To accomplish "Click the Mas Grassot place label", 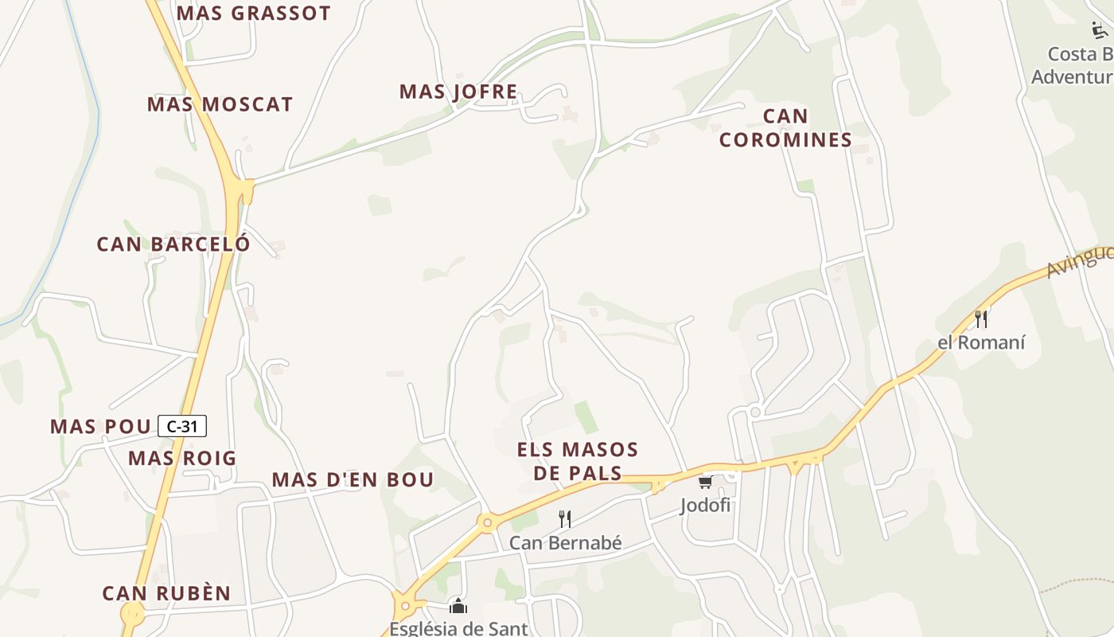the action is tap(253, 14).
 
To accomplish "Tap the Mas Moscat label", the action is tap(220, 104).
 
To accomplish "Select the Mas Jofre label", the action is tap(458, 92).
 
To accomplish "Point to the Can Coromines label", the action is tap(785, 128).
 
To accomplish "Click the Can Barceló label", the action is tap(173, 244).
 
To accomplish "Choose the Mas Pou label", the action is tap(100, 427).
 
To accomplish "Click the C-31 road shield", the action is tap(182, 427).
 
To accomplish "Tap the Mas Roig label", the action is tap(182, 459).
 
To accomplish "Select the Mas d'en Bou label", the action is tap(353, 479).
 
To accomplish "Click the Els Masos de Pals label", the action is tap(578, 461).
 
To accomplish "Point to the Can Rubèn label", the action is tap(166, 594).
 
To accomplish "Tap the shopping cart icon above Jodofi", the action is tap(705, 483).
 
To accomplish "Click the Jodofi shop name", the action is tap(705, 506).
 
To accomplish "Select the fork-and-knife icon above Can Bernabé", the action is tap(565, 519).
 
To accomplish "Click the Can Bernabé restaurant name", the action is tap(565, 543).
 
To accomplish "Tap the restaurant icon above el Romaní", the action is tap(982, 318).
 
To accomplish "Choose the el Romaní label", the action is tap(981, 343).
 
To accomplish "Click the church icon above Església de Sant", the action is tap(458, 607).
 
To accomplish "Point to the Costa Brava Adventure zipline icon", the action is tap(1100, 31).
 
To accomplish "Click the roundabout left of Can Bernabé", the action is tap(486, 522).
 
